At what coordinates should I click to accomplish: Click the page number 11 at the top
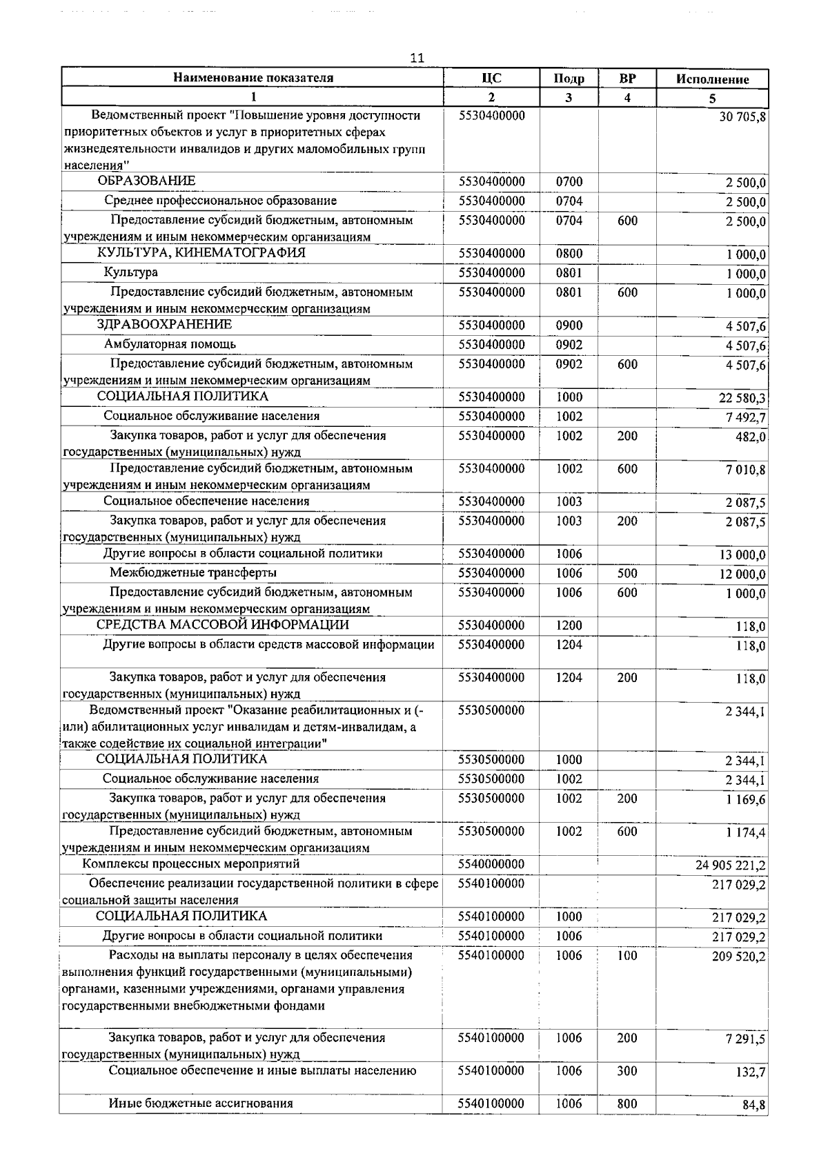[x=416, y=58]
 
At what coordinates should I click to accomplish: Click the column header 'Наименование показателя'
[x=253, y=78]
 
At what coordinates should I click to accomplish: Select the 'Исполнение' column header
[x=712, y=79]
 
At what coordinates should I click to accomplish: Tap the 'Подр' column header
[x=569, y=79]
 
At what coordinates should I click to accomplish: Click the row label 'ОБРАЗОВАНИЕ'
[x=146, y=181]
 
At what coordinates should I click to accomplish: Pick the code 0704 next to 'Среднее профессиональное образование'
[x=569, y=201]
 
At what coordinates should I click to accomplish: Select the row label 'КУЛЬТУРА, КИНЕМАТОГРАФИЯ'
[x=201, y=252]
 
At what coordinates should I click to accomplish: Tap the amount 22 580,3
[x=742, y=398]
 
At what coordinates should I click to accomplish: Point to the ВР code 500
[x=627, y=574]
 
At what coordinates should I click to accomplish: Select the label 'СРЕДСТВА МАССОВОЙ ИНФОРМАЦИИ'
[x=222, y=625]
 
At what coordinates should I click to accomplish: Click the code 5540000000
[x=491, y=864]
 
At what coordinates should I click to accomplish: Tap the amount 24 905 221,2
[x=730, y=865]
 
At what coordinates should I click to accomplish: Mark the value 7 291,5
[x=745, y=1039]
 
